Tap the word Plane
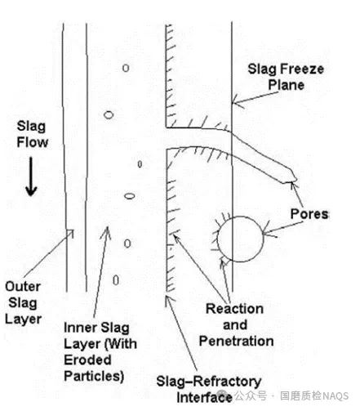coord(286,85)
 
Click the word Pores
coord(309,214)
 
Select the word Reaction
coord(234,309)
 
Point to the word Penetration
coord(236,342)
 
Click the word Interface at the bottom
coord(204,397)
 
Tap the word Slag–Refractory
coord(209,382)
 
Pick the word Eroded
coord(87,360)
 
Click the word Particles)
coord(94,377)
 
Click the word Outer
coord(23,287)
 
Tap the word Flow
coord(33,142)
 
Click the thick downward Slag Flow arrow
coord(31,176)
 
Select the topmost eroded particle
coord(126,68)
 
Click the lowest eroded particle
coord(116,280)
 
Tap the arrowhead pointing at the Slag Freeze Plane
coord(233,103)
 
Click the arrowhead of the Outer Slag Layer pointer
coord(71,232)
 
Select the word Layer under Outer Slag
coord(24,319)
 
